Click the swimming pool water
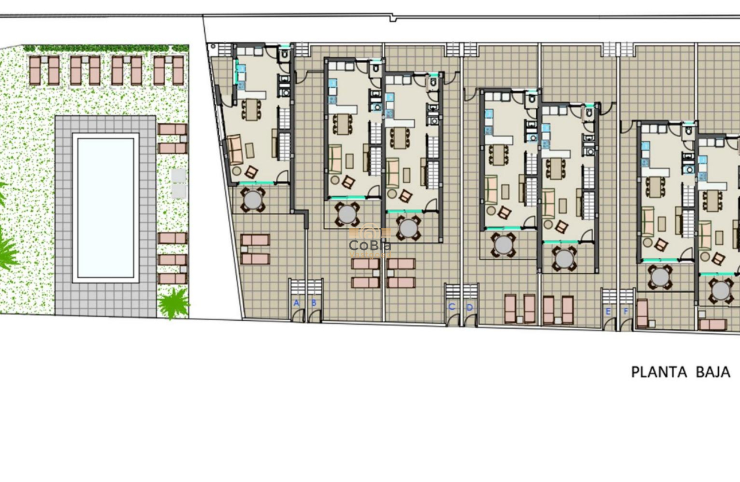tap(106, 207)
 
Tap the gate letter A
tap(297, 303)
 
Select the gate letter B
tap(314, 303)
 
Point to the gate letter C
tap(451, 307)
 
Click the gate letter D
tap(469, 307)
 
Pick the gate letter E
tap(608, 312)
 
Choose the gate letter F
tap(626, 312)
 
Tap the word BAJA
tap(713, 372)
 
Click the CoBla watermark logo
tap(370, 244)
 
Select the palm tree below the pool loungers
tap(173, 303)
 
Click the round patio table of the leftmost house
tap(252, 200)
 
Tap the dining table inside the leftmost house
tap(251, 110)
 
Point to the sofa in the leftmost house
tap(235, 150)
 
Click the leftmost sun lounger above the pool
tap(36, 70)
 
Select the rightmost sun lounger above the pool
tap(178, 70)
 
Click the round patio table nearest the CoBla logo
tap(347, 214)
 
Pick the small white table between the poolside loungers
tap(178, 182)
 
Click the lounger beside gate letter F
tap(642, 313)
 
